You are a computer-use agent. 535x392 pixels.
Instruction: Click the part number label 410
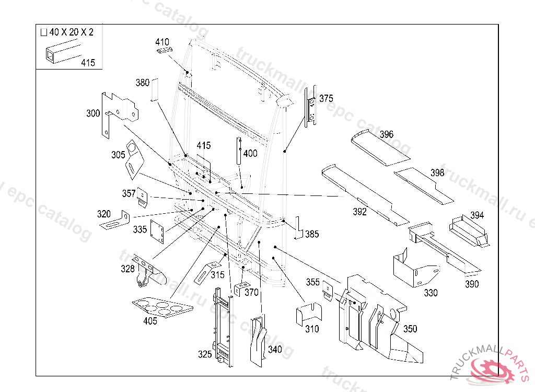pyautogui.click(x=162, y=42)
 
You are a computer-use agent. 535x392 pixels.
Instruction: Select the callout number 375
pyautogui.click(x=326, y=98)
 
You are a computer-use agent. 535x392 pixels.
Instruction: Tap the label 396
pyautogui.click(x=387, y=135)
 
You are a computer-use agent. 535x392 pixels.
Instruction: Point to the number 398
pyautogui.click(x=437, y=173)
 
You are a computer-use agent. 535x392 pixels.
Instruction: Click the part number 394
pyautogui.click(x=477, y=215)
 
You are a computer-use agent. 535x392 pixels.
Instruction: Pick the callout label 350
pyautogui.click(x=410, y=329)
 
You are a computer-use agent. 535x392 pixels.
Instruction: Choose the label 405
pyautogui.click(x=150, y=321)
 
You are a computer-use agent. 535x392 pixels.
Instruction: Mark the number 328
pyautogui.click(x=127, y=269)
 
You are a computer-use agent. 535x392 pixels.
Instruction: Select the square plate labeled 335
pyautogui.click(x=158, y=231)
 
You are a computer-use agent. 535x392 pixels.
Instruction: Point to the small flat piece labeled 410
pyautogui.click(x=165, y=50)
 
